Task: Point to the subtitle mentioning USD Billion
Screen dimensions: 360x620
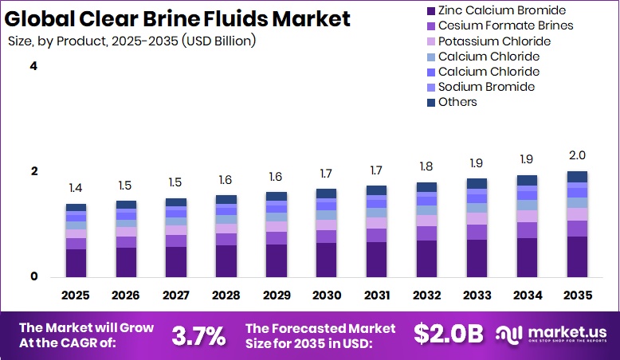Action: [x=137, y=40]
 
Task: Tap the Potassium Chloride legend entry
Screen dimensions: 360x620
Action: [x=494, y=41]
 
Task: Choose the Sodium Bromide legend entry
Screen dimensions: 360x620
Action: [x=486, y=86]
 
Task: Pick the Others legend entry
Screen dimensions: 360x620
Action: [x=457, y=101]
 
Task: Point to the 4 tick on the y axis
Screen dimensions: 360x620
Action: [x=33, y=66]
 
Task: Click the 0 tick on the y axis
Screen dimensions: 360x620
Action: [x=33, y=276]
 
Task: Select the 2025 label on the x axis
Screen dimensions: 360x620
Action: [x=76, y=295]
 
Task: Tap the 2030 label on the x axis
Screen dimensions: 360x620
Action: [x=327, y=295]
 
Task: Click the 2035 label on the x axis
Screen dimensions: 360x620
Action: [x=577, y=295]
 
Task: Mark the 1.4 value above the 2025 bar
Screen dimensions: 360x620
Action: [x=76, y=188]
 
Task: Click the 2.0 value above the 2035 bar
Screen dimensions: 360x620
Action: [x=577, y=155]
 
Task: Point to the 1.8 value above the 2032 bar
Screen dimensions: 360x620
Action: [x=426, y=166]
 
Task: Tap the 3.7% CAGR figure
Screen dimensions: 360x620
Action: [x=198, y=335]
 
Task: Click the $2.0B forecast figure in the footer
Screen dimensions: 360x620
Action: [x=448, y=335]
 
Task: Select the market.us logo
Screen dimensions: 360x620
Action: [x=551, y=334]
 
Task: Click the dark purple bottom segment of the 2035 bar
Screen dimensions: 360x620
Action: [x=577, y=256]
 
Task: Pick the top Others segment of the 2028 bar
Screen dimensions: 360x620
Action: [x=226, y=199]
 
